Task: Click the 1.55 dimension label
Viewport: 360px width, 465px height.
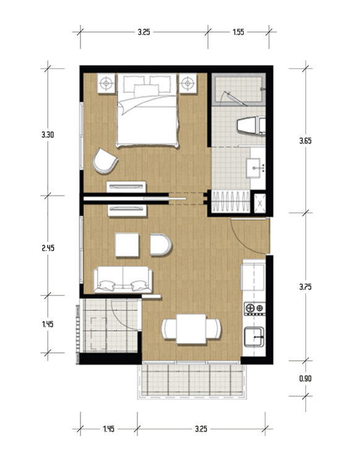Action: pyautogui.click(x=238, y=32)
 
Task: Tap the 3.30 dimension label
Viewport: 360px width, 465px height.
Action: pyautogui.click(x=48, y=134)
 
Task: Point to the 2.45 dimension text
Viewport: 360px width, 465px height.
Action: pyautogui.click(x=48, y=248)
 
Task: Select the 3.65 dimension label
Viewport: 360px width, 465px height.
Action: pyautogui.click(x=305, y=141)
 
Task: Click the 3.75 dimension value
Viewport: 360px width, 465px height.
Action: pyautogui.click(x=305, y=287)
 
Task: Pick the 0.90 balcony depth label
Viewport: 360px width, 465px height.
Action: pyautogui.click(x=305, y=378)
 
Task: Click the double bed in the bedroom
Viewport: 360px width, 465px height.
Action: pyautogui.click(x=148, y=110)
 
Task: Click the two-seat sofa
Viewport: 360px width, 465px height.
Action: pyautogui.click(x=122, y=280)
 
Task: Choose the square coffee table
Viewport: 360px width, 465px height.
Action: pyautogui.click(x=127, y=245)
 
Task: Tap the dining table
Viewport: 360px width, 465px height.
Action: pyautogui.click(x=191, y=329)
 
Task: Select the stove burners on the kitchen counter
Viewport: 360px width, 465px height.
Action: pyautogui.click(x=254, y=308)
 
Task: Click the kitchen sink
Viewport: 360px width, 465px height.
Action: pyautogui.click(x=254, y=337)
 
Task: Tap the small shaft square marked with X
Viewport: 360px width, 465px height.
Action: pyautogui.click(x=260, y=204)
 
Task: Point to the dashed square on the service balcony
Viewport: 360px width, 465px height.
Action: pyautogui.click(x=98, y=333)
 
